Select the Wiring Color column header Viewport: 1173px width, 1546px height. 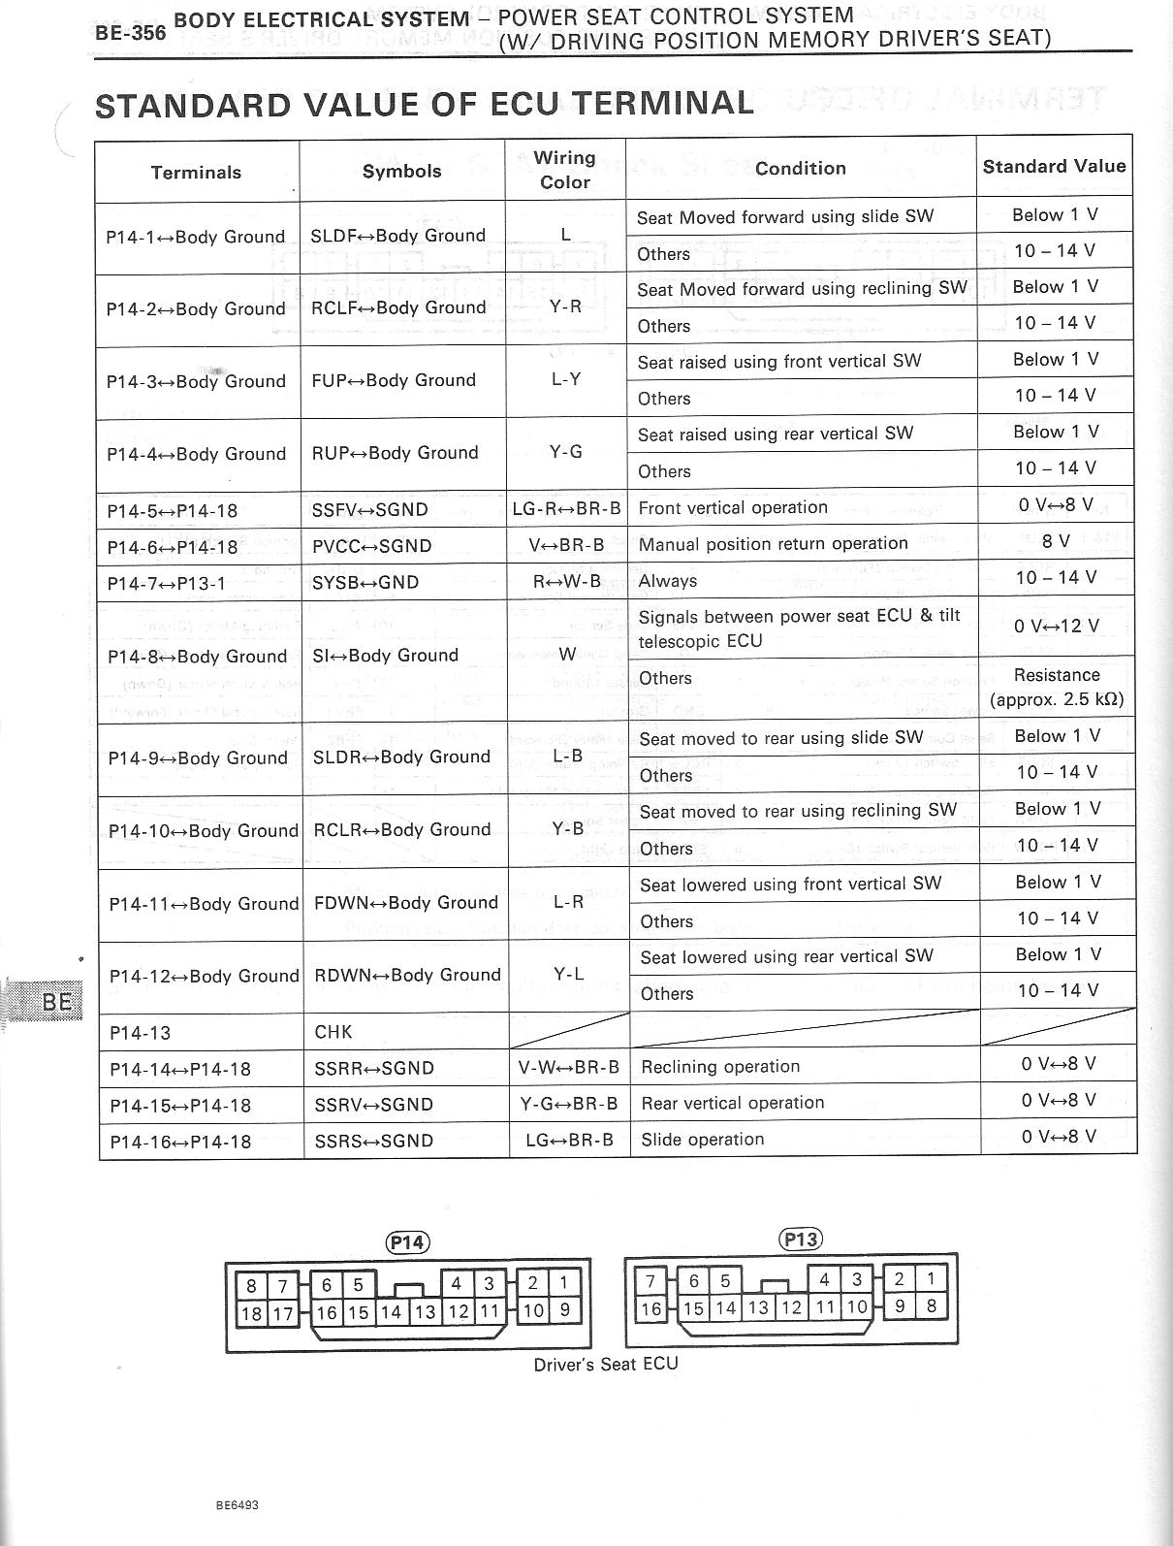click(x=565, y=170)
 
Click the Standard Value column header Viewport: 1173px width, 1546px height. click(x=1054, y=167)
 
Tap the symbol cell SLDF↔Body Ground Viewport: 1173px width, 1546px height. click(x=397, y=236)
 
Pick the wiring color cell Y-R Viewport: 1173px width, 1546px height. click(x=565, y=307)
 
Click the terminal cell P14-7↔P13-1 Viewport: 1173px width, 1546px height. click(x=167, y=583)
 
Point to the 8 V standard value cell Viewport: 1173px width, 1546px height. click(x=1056, y=541)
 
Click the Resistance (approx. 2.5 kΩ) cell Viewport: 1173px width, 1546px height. click(x=1056, y=687)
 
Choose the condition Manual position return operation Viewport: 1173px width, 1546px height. click(x=773, y=544)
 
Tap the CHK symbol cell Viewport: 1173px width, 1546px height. click(x=333, y=1032)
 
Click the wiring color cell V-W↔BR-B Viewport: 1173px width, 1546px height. click(x=568, y=1068)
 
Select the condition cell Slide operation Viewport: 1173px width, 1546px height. click(x=703, y=1140)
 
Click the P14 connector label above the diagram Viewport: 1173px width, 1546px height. click(x=407, y=1242)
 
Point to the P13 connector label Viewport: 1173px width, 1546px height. click(x=801, y=1240)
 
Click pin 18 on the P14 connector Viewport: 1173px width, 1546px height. click(x=251, y=1313)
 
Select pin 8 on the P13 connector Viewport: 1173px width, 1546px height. click(x=932, y=1305)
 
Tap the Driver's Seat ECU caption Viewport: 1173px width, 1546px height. click(x=606, y=1364)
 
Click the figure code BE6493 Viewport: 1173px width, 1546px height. click(x=238, y=1479)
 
